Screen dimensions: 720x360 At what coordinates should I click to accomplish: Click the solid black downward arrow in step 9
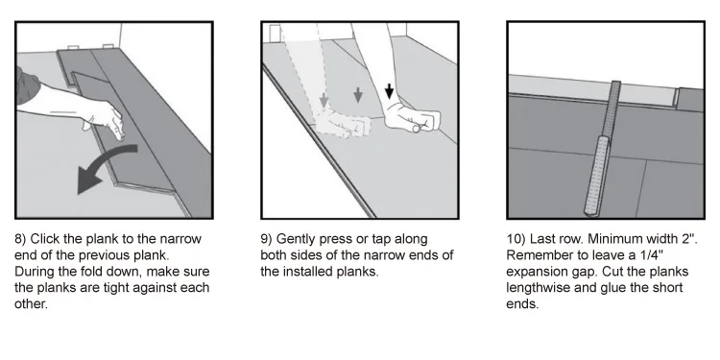pyautogui.click(x=389, y=91)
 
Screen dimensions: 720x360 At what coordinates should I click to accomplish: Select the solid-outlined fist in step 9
pyautogui.click(x=412, y=118)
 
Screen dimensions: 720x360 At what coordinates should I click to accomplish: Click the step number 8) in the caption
pyautogui.click(x=20, y=239)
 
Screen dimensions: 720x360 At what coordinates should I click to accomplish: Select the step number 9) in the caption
pyautogui.click(x=266, y=239)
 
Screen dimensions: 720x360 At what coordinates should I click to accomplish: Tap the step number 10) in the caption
pyautogui.click(x=516, y=239)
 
